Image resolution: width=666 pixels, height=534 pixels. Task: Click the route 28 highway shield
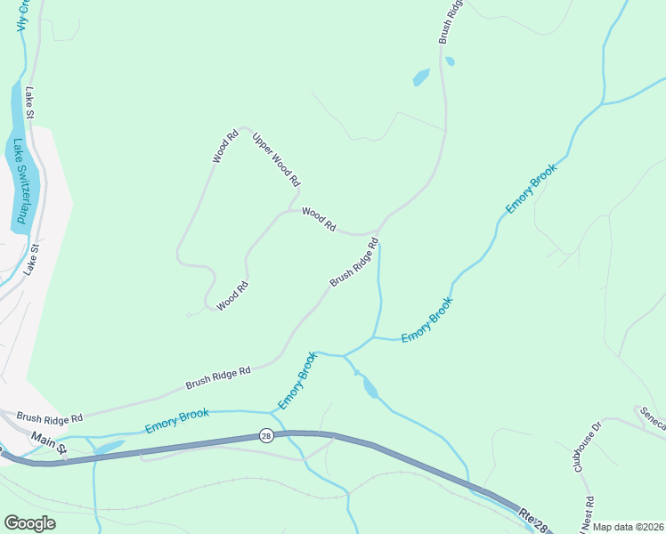coord(266,435)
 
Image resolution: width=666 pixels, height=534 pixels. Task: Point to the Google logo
coord(29,523)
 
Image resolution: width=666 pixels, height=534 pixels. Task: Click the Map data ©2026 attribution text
coord(628,527)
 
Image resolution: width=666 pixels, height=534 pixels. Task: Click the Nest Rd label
coord(587,515)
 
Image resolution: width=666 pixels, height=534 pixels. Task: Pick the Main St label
coord(49,443)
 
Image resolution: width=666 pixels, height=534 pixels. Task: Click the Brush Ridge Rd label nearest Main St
coord(49,417)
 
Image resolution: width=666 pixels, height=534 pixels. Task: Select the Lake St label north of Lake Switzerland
coord(29,103)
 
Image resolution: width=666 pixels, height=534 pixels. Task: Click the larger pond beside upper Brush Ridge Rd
coord(421,78)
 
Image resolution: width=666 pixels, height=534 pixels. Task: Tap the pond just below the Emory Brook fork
coord(370,388)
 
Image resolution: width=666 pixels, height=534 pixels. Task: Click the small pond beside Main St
coord(109,448)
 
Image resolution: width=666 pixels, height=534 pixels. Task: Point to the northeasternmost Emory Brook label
coord(531,188)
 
